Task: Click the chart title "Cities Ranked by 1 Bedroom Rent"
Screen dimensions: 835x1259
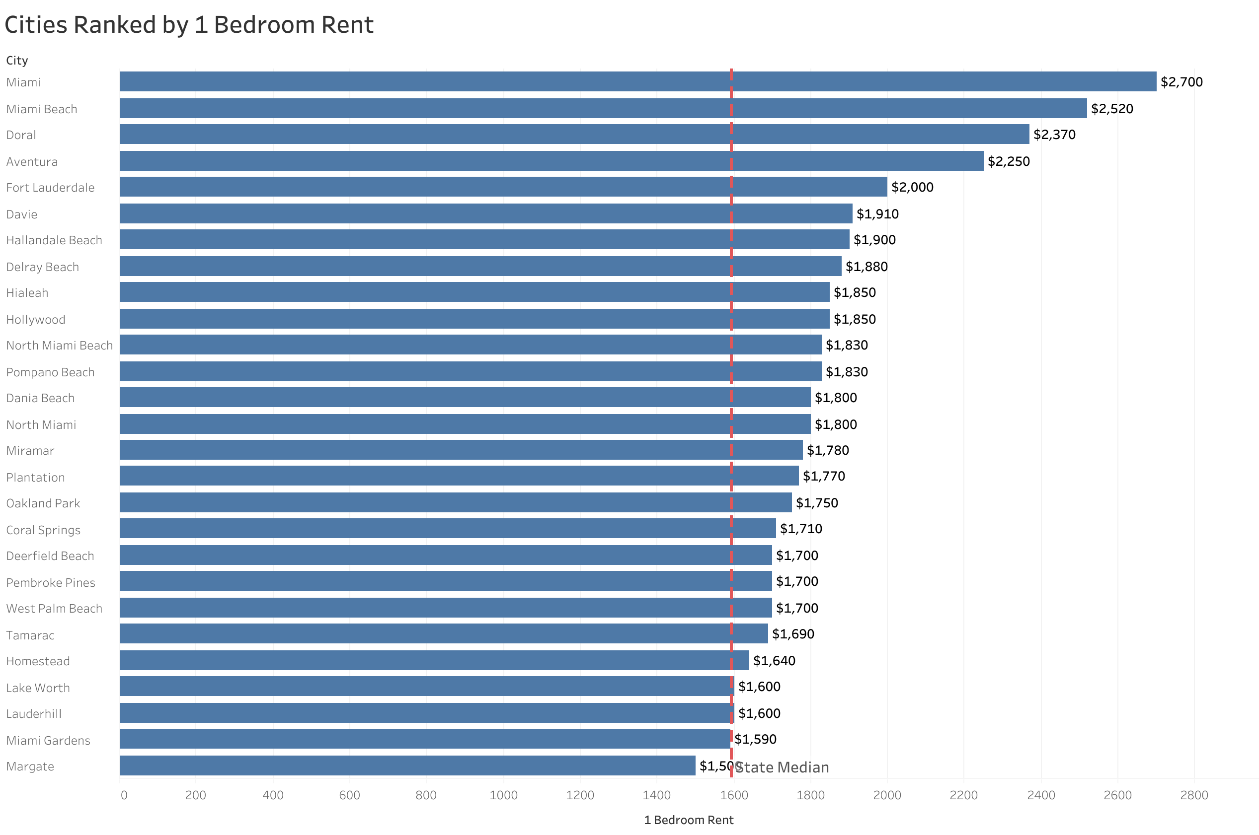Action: tap(189, 25)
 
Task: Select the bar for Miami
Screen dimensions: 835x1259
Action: tap(637, 81)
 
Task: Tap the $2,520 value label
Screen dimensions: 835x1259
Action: tap(1111, 109)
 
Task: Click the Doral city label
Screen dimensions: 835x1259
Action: tap(21, 135)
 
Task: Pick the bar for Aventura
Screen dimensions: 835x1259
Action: tap(551, 161)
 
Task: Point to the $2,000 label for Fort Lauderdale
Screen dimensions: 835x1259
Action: tap(912, 187)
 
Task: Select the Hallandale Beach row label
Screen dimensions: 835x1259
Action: tap(54, 240)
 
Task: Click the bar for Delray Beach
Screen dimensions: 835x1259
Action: tap(480, 266)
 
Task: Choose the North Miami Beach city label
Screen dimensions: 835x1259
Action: tap(59, 346)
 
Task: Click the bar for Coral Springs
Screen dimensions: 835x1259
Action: tap(447, 528)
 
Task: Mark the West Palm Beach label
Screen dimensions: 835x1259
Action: tap(54, 608)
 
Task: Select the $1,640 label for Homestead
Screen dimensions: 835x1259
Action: tap(774, 660)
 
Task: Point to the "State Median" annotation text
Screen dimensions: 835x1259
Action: tap(782, 767)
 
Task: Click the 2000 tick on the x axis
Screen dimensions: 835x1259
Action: tap(886, 795)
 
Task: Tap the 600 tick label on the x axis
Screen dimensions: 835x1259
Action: tap(349, 795)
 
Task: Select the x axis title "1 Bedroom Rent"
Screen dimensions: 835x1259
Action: tap(688, 820)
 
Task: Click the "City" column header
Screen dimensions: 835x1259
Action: tap(17, 60)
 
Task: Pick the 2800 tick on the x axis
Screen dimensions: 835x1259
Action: tap(1193, 795)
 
